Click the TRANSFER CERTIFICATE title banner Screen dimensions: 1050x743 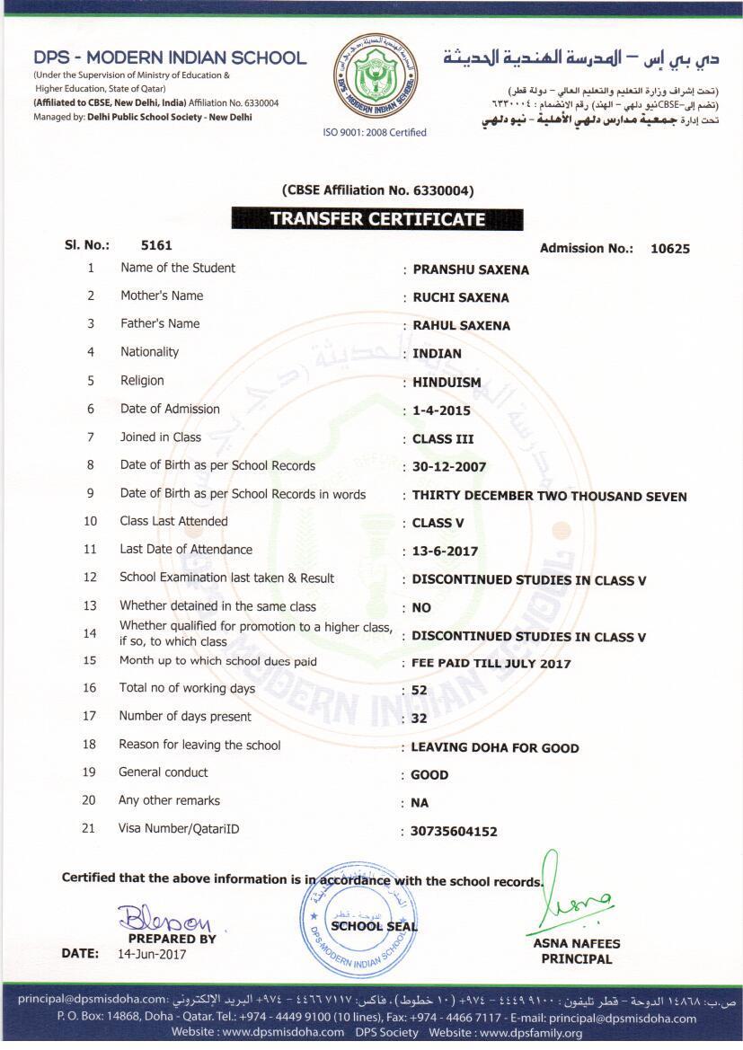(x=377, y=219)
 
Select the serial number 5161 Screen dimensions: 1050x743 (x=156, y=244)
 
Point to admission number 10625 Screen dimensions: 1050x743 (x=669, y=249)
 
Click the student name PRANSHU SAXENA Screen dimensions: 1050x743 (x=470, y=269)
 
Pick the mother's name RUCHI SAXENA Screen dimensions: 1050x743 (x=460, y=297)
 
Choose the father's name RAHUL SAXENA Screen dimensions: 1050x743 (x=461, y=325)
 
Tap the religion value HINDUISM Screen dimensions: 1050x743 (x=447, y=382)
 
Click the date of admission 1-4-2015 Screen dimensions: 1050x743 (x=441, y=410)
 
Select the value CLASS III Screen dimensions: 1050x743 (x=442, y=439)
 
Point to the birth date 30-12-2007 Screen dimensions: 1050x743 (x=450, y=467)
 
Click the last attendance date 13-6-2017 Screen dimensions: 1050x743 (x=445, y=551)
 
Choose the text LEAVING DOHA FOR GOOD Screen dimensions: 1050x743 (x=494, y=747)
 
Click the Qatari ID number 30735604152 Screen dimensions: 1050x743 (x=454, y=832)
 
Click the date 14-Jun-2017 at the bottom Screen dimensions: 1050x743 (x=152, y=954)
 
